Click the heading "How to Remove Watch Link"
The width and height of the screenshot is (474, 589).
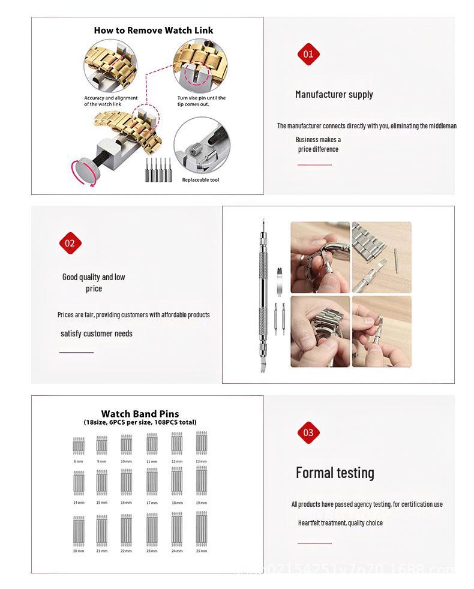point(153,30)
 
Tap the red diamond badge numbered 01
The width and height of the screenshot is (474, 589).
point(308,54)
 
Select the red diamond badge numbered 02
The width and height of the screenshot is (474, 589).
point(70,243)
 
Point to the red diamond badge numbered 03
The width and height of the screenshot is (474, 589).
point(308,432)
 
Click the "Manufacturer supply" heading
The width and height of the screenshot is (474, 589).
point(334,94)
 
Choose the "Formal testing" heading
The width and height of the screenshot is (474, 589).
point(335,473)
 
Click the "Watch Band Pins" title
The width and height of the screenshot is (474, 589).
point(140,414)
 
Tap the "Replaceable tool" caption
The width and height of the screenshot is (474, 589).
point(200,180)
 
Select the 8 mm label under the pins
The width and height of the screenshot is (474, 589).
point(79,461)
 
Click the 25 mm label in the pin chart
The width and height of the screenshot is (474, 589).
point(202,551)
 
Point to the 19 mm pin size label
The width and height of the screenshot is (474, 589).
point(202,503)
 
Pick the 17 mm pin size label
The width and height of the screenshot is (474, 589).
point(152,503)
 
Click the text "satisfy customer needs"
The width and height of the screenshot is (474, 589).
point(96,333)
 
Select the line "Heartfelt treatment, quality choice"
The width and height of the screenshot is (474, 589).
point(340,523)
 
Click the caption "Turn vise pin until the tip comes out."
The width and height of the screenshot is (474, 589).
point(201,101)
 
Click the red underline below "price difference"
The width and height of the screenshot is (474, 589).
point(314,165)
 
